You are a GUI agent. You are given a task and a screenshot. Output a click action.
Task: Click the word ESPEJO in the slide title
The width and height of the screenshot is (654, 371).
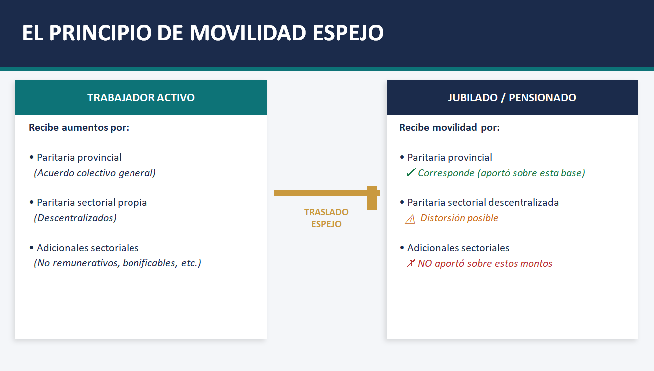point(348,33)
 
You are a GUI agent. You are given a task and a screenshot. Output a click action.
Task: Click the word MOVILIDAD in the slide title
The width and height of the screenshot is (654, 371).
point(248,33)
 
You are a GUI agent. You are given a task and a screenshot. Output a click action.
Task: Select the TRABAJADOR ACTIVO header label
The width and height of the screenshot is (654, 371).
point(141,98)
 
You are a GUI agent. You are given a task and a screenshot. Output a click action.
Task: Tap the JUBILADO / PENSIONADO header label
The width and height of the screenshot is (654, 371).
point(512,98)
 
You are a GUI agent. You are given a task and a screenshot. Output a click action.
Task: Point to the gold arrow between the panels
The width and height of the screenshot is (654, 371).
point(326,193)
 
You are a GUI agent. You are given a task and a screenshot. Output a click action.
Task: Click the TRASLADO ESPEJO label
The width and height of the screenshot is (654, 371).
point(326,218)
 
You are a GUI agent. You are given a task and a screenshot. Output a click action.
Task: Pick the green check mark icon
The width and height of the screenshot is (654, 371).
point(411,173)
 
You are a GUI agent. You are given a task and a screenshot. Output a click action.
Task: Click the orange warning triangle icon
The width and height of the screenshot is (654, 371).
point(410,219)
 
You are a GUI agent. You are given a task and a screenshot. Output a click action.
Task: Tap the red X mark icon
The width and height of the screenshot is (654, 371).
point(411,263)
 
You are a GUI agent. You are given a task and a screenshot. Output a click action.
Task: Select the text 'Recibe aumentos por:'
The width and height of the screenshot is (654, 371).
point(79,128)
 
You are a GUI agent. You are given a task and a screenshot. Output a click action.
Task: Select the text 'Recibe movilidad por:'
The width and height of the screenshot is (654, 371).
point(450,128)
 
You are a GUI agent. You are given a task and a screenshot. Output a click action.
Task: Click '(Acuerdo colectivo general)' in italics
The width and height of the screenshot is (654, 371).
point(95,173)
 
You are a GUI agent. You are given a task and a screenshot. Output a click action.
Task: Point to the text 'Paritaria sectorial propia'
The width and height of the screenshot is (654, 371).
point(92,202)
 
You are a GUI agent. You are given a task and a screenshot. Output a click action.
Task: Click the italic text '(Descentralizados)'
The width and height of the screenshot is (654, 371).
point(75,218)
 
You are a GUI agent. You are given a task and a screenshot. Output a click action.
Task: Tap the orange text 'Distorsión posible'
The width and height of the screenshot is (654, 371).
point(459,218)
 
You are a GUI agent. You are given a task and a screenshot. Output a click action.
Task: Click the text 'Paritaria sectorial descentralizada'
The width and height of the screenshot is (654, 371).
point(483,202)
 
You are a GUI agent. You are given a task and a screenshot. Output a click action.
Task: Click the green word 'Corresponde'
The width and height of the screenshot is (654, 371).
point(446,173)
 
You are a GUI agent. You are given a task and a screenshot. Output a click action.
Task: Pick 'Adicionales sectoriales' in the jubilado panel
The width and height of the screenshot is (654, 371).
point(458,248)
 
